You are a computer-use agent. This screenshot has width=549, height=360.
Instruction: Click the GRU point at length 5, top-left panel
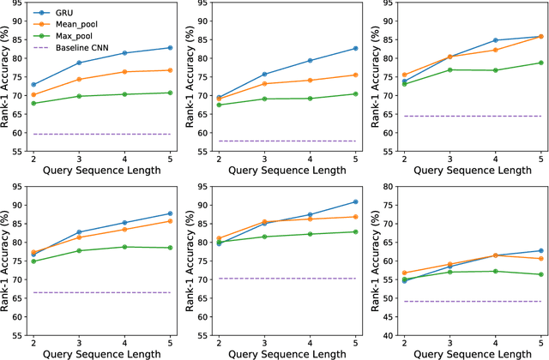[x=170, y=48]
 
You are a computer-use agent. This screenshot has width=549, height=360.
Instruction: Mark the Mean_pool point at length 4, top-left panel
[x=124, y=72]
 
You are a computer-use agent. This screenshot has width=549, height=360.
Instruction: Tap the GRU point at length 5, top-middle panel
[x=355, y=49]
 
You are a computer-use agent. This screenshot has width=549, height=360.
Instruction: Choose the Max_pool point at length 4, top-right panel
[x=495, y=70]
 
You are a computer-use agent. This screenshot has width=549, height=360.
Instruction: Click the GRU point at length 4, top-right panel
[x=495, y=40]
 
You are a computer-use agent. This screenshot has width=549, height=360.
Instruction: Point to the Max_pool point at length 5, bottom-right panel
[x=540, y=274]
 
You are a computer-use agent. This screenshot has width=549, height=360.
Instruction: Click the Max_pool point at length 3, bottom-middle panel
[x=264, y=237]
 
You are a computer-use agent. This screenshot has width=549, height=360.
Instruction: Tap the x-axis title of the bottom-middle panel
[x=287, y=353]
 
